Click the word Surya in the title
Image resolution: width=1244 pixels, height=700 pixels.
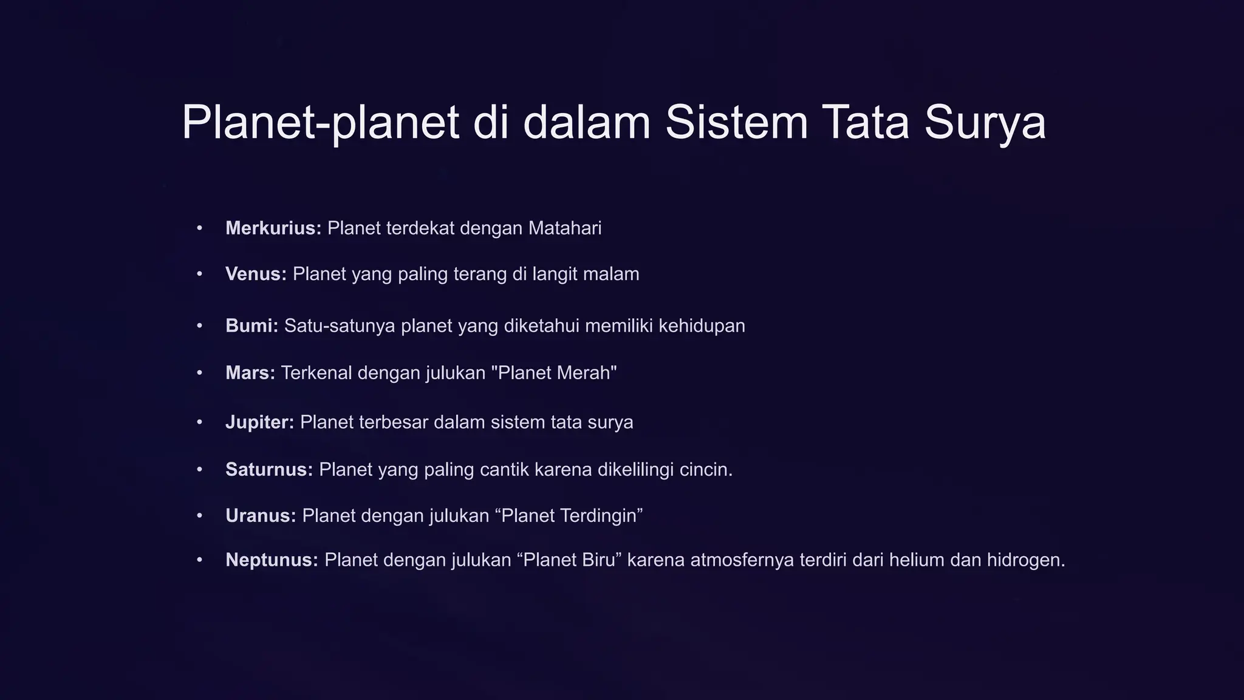pos(985,123)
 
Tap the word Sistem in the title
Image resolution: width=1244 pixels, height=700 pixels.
pos(736,123)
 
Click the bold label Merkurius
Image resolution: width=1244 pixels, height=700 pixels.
pos(273,228)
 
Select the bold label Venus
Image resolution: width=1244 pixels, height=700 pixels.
pos(256,274)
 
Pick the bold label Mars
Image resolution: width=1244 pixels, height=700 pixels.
pos(250,372)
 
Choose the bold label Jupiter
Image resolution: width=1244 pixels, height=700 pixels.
pos(259,422)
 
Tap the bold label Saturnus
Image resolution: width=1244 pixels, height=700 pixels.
pos(268,470)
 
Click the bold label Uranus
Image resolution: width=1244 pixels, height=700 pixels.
pos(260,516)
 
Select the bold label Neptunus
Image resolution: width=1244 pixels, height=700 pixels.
pos(272,560)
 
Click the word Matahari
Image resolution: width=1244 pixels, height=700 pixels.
pos(565,228)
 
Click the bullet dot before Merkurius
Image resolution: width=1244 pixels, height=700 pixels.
pos(199,228)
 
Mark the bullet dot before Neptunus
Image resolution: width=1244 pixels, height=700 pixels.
pos(199,560)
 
